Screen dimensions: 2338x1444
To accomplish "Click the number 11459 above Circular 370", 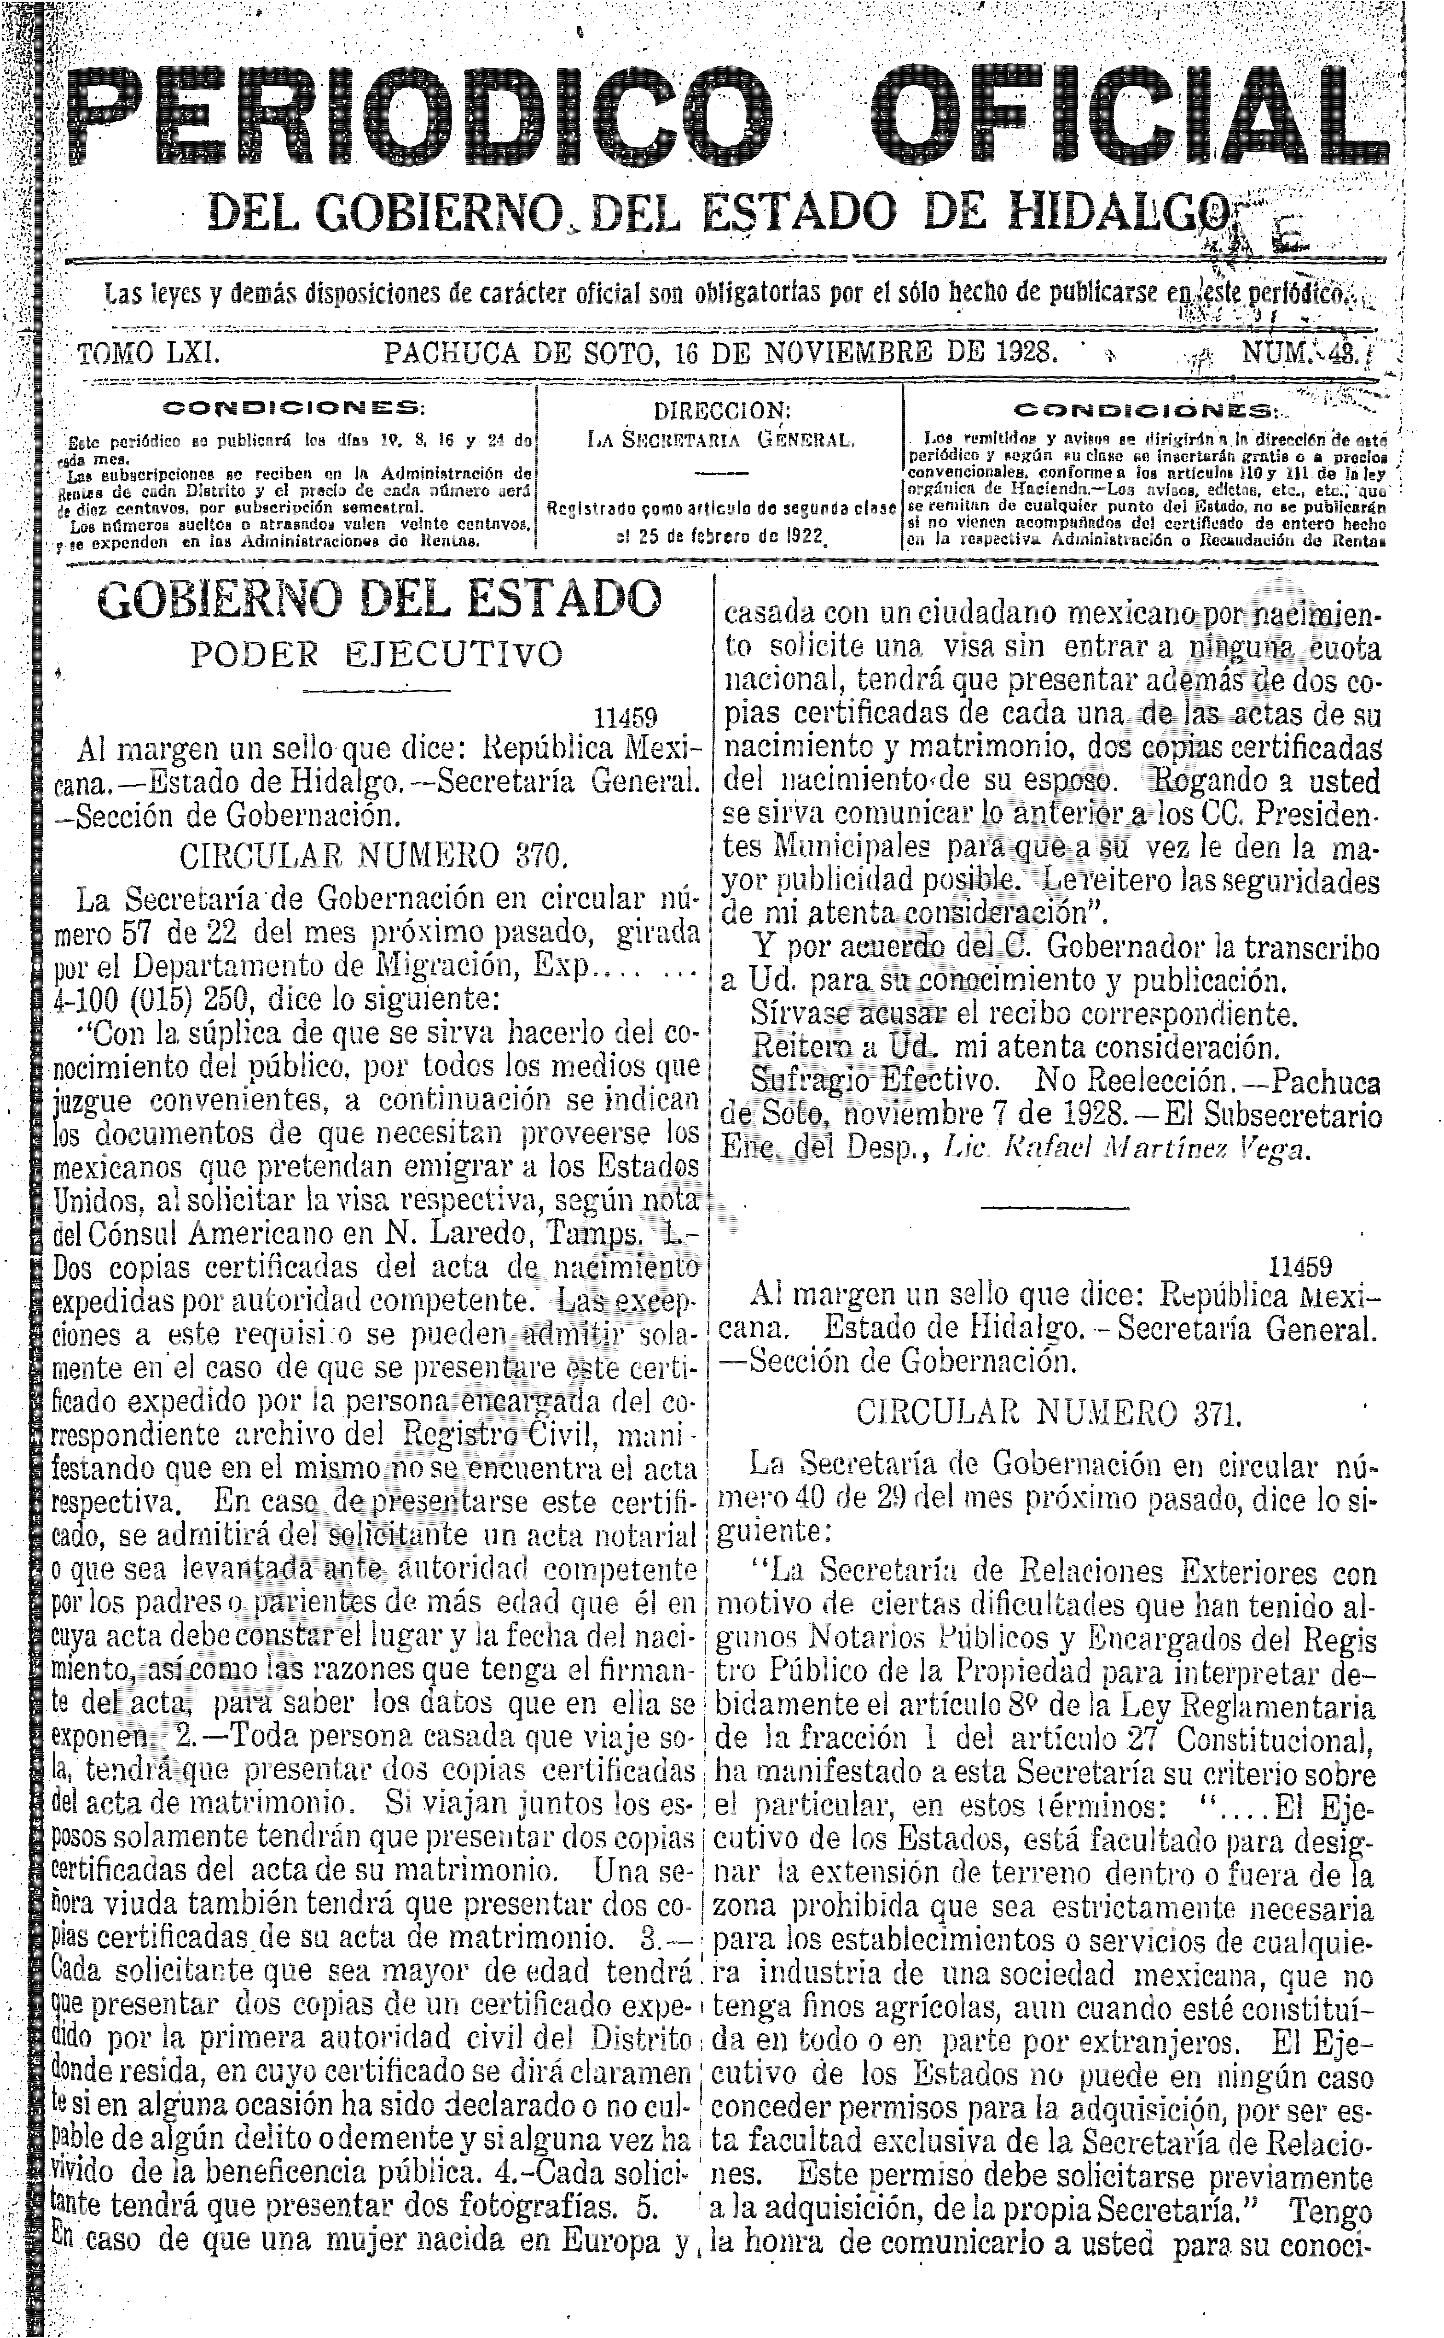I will [626, 717].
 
